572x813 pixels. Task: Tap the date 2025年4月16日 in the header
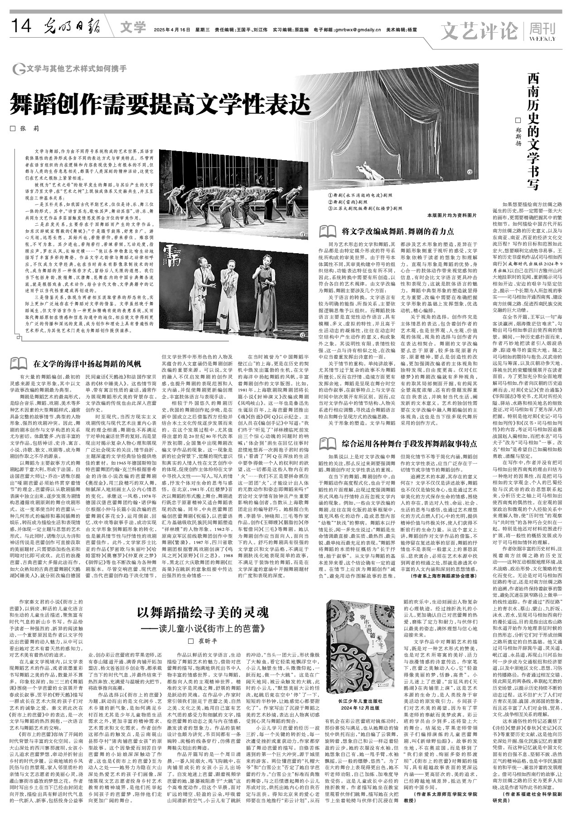[x=172, y=30]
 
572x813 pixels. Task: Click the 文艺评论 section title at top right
[x=480, y=31]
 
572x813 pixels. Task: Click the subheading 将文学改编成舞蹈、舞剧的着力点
[x=397, y=231]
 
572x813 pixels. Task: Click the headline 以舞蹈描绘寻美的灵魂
[x=203, y=613]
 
